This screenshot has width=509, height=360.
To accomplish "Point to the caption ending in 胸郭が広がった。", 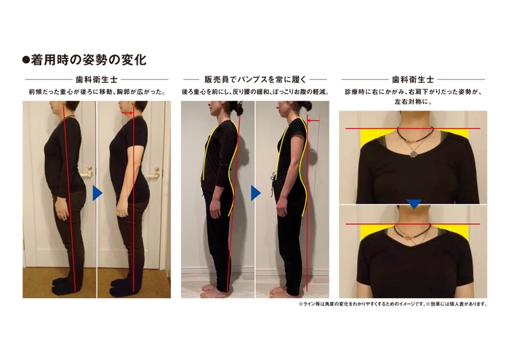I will point(96,92).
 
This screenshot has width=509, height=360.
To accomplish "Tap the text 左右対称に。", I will point(412,103).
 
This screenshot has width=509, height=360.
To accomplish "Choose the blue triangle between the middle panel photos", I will point(255,193).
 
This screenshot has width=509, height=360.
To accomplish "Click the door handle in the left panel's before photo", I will point(88,172).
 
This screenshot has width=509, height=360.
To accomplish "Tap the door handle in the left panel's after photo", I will point(154,172).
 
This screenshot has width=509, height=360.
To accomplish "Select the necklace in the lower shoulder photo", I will point(412,232).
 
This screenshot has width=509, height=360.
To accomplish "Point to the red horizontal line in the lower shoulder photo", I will point(412,224).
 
